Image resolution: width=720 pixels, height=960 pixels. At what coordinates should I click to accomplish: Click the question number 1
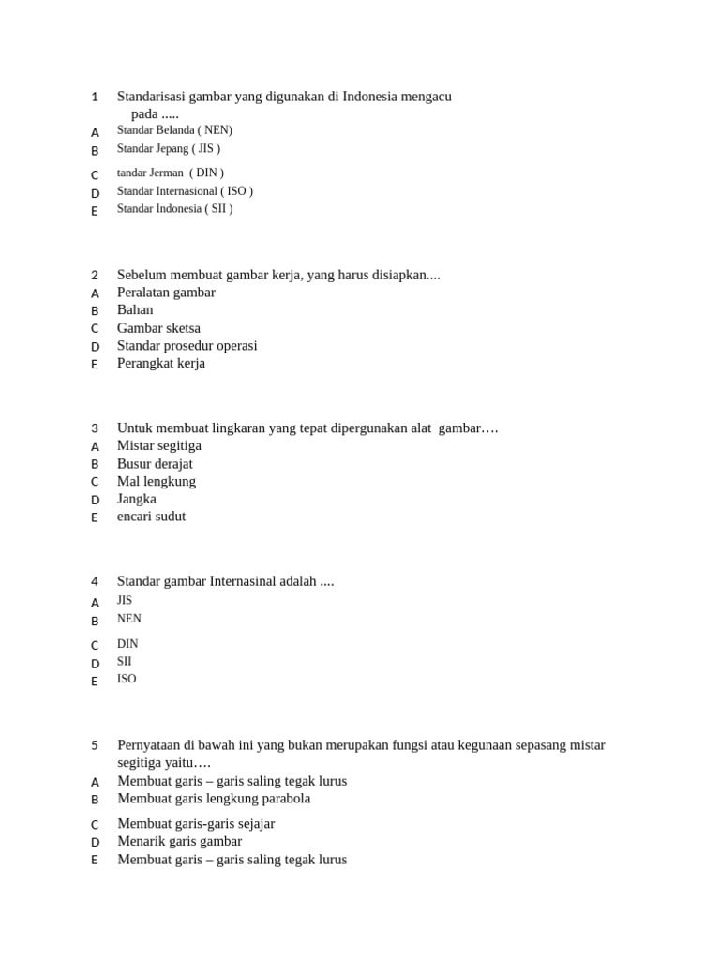click(95, 97)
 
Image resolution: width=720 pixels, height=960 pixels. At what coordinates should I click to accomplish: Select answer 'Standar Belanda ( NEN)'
click(174, 130)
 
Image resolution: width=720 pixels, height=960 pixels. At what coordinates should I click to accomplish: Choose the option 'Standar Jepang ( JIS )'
click(169, 148)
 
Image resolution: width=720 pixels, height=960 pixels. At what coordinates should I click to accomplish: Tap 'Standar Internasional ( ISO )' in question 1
click(185, 191)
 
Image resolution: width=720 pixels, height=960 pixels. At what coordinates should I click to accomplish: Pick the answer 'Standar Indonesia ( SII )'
click(174, 209)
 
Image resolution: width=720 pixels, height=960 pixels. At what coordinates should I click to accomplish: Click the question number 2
click(95, 275)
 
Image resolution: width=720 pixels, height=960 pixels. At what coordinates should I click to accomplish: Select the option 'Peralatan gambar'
click(166, 292)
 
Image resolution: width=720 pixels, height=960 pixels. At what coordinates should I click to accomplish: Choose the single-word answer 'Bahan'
click(135, 310)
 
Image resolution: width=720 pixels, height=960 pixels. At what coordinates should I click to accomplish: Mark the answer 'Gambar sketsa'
click(158, 328)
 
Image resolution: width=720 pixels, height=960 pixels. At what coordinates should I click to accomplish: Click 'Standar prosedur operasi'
click(187, 346)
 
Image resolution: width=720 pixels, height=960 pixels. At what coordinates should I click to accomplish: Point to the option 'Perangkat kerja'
click(160, 364)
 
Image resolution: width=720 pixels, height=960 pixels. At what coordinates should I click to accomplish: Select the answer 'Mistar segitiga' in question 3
click(159, 445)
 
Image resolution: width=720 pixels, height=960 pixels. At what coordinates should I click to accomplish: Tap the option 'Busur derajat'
click(155, 463)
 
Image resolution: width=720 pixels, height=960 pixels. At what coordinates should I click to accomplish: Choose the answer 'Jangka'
click(137, 499)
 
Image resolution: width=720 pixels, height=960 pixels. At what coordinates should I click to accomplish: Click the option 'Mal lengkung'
click(157, 481)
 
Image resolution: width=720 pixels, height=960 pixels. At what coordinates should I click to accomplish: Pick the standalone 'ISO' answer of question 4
click(127, 679)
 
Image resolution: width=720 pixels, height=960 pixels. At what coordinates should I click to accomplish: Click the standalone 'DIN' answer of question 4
click(127, 644)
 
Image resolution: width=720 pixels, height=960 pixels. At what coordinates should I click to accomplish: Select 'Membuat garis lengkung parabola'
click(214, 799)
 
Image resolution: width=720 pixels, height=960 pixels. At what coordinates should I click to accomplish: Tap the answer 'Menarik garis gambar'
click(179, 841)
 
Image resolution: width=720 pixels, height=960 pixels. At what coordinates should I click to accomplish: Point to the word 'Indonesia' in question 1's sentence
click(369, 97)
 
